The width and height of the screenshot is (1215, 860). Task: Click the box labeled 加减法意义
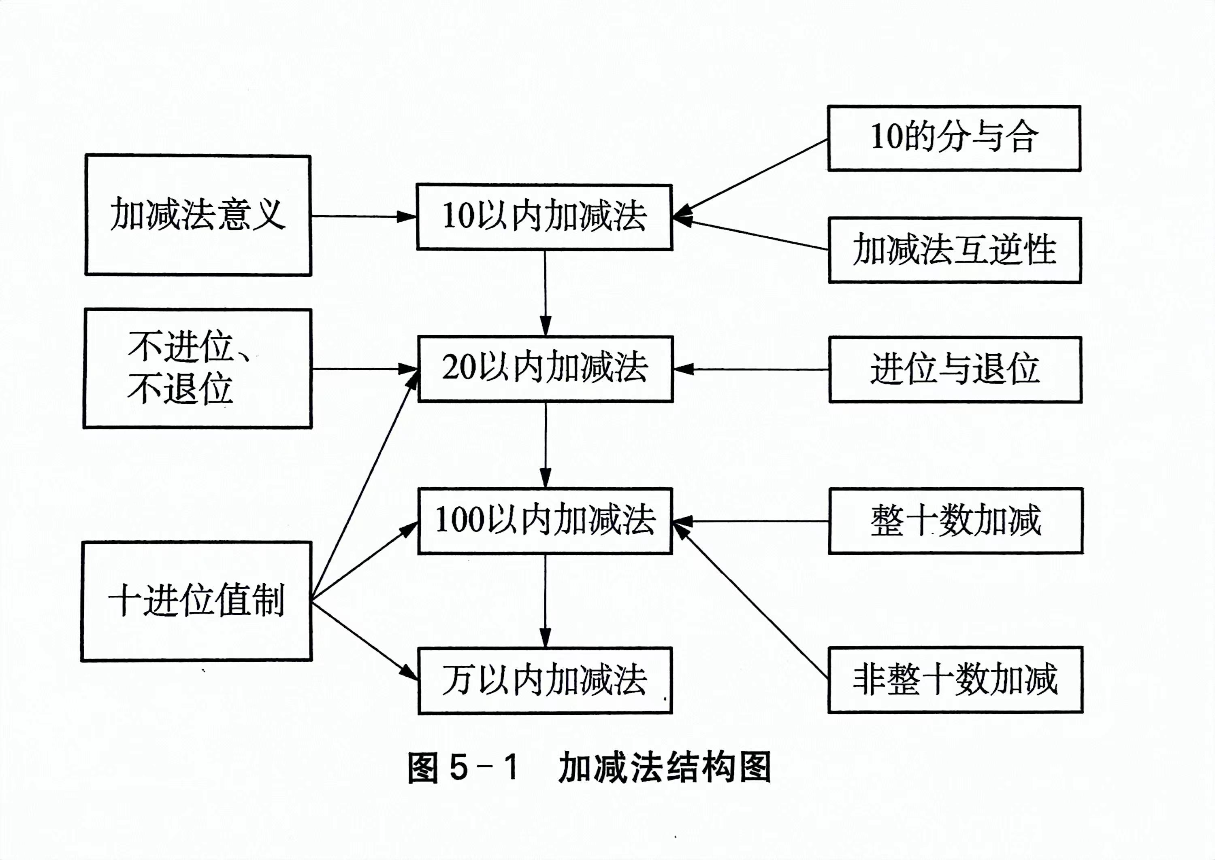click(198, 215)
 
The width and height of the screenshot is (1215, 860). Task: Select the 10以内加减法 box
click(544, 217)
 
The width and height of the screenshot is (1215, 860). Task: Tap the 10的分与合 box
click(954, 138)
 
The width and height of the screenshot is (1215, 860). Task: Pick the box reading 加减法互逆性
click(954, 250)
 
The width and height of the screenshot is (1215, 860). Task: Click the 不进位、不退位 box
click(198, 369)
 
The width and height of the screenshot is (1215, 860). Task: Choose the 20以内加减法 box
click(545, 369)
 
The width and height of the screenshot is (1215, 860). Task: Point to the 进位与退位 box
click(955, 369)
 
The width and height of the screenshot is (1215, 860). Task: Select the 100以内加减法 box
click(545, 521)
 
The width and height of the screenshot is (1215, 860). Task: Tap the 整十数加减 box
click(955, 521)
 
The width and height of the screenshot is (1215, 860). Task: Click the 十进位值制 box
click(196, 601)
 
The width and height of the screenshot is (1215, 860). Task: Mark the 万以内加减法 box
click(545, 680)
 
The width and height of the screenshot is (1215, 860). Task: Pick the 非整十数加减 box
click(955, 680)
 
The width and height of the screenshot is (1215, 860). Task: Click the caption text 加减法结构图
click(665, 768)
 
